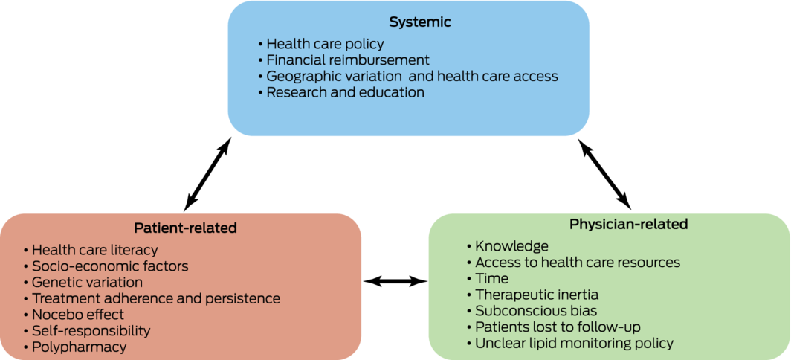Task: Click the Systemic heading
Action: click(x=420, y=22)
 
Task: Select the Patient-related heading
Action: click(x=185, y=228)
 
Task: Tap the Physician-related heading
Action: click(x=628, y=224)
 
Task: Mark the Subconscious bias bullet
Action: click(x=532, y=310)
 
